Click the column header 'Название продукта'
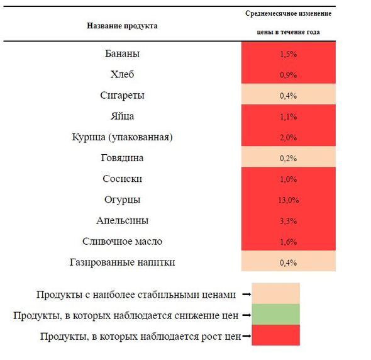click(122, 26)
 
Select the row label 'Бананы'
click(123, 53)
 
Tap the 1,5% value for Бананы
click(288, 54)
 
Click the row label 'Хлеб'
click(123, 74)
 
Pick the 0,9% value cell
click(288, 75)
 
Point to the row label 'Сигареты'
click(123, 96)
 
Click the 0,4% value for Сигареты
click(288, 96)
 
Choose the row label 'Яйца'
click(123, 116)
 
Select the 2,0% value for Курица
click(288, 138)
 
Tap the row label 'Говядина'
click(123, 158)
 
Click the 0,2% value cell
click(288, 159)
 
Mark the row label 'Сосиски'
click(123, 179)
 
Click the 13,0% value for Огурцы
click(288, 200)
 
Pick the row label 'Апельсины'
click(123, 221)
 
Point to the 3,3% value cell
click(288, 221)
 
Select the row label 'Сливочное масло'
click(123, 242)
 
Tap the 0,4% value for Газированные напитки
click(288, 262)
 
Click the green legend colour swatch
click(275, 314)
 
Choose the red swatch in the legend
click(275, 335)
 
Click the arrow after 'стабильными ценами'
click(246, 295)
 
